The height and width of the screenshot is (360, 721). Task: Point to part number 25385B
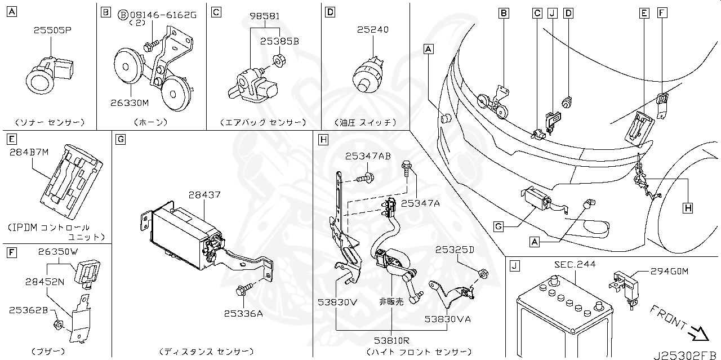[x=279, y=41]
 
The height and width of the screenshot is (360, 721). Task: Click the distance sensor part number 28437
[x=203, y=195]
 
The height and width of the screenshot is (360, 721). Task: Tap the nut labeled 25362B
[x=59, y=324]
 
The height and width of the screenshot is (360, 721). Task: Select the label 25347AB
[x=368, y=155]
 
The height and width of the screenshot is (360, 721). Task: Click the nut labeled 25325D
[x=483, y=274]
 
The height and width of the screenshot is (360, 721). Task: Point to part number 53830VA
[x=447, y=319]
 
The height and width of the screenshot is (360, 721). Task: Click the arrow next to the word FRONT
[x=699, y=334]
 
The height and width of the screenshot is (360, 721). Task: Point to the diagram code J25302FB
[x=685, y=354]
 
